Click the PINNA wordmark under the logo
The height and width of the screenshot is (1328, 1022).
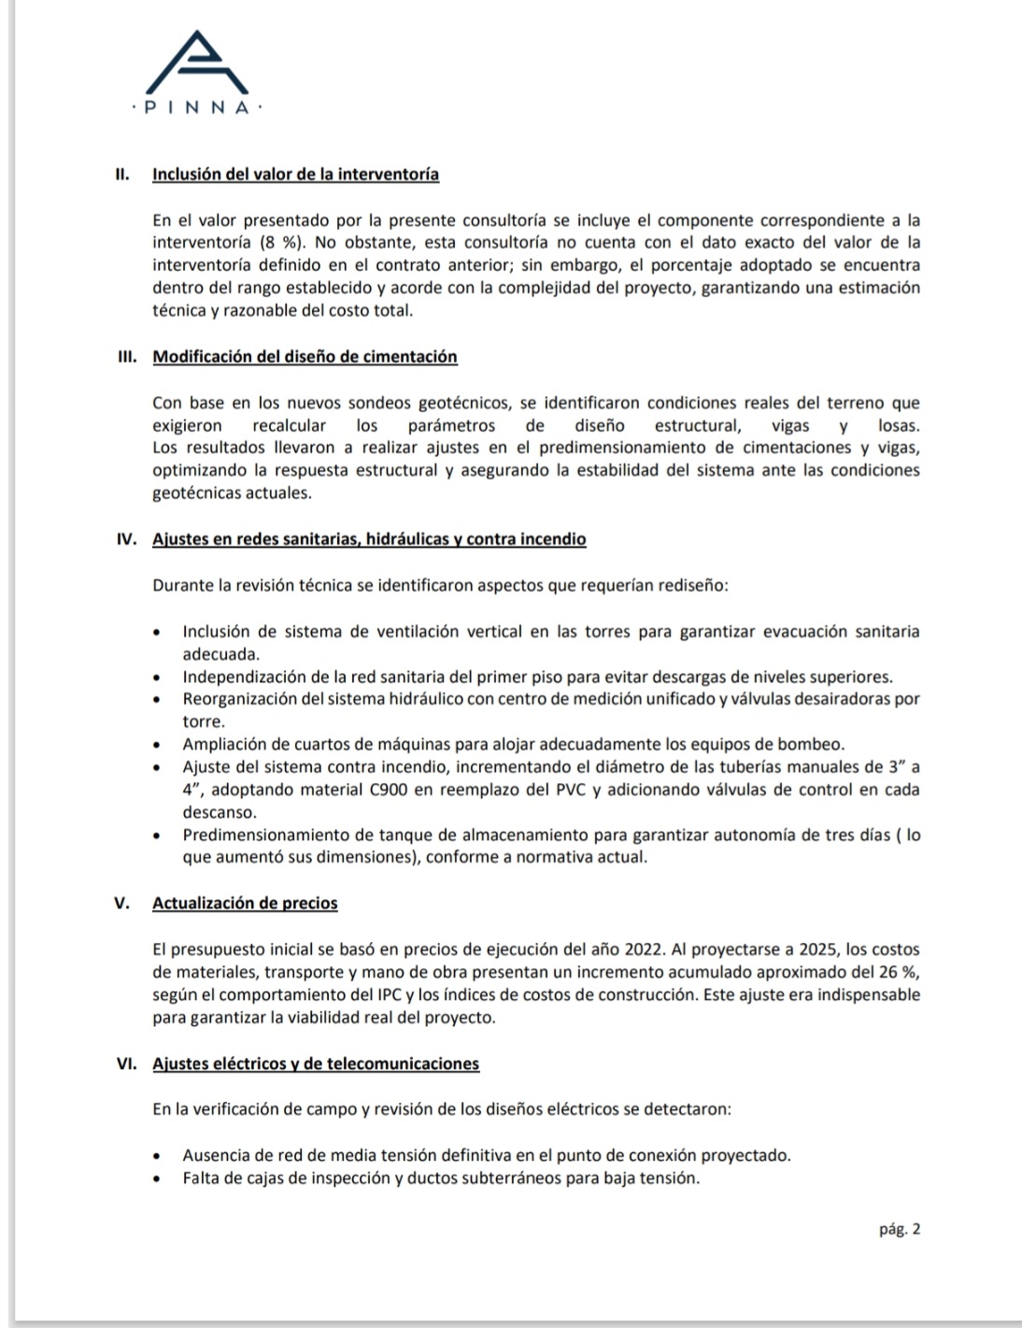197,108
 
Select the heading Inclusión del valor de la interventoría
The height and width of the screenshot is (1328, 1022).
295,175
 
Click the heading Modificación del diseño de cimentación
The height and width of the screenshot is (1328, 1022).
305,357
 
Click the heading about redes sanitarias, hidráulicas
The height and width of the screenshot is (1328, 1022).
369,539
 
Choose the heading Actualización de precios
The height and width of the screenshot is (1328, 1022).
245,904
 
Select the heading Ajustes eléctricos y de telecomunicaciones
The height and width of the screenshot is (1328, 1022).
316,1064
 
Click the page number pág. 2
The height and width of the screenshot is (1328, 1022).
900,1230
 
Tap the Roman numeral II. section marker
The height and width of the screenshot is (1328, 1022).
121,175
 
